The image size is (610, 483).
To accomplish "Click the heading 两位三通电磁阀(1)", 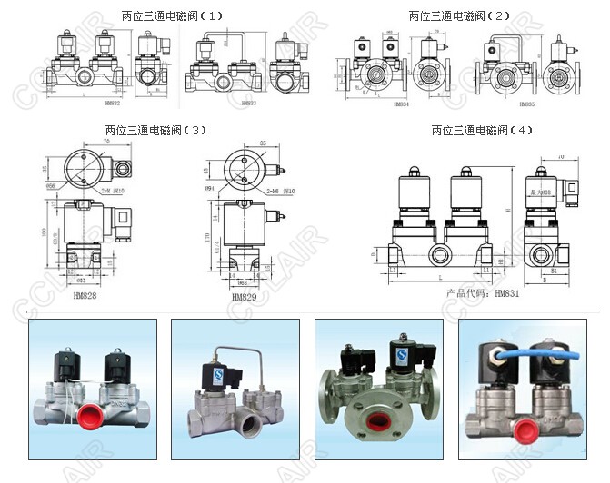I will point(171,15).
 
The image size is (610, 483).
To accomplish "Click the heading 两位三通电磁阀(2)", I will point(459,15).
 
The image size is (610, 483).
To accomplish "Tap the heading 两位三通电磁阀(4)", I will point(482,130).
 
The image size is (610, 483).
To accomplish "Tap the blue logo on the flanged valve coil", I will point(398,350).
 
